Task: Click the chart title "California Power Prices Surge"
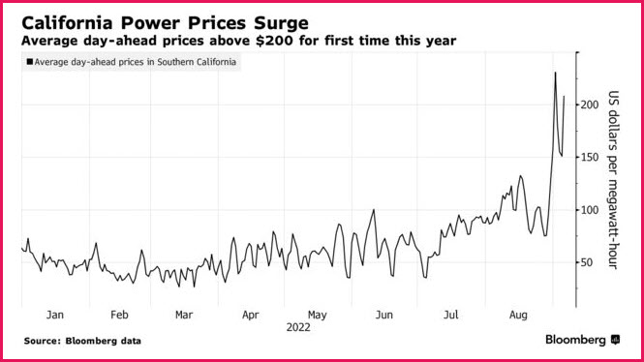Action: point(165,23)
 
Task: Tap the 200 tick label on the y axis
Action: point(590,105)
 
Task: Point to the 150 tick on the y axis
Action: point(590,157)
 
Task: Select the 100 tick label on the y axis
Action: point(590,210)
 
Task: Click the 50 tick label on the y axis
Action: point(587,262)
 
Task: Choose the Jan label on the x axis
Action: point(54,315)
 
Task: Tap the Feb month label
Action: point(119,315)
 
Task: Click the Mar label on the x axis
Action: point(184,315)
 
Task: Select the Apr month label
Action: point(251,316)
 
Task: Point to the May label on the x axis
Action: point(317,316)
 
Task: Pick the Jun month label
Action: point(384,315)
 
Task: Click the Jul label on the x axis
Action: point(451,315)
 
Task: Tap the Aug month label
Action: point(518,316)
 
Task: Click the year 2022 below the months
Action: point(298,327)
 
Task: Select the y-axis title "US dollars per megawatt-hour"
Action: point(613,180)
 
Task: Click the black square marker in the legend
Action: point(30,62)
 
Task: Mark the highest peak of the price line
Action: point(555,73)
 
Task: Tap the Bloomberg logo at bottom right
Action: point(582,340)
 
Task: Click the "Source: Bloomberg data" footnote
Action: point(82,341)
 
